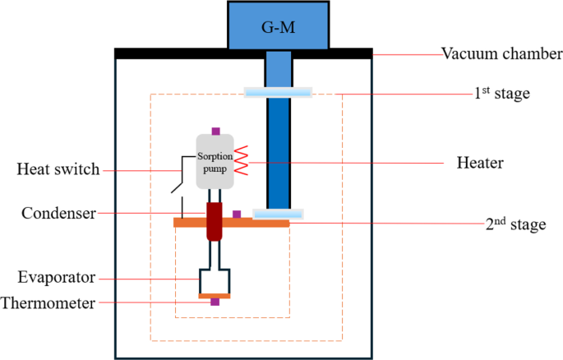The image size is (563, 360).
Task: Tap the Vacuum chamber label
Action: coord(501,55)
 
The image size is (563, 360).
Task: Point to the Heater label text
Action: coord(479,163)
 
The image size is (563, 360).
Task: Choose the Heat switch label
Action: coord(58,170)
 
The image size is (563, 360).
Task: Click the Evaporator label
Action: coord(60,277)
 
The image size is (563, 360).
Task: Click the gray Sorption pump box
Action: coord(215,161)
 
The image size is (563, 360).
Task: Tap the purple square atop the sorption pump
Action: coord(215,130)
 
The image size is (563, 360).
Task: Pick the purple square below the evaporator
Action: coord(215,302)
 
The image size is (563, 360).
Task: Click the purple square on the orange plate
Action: coord(237,215)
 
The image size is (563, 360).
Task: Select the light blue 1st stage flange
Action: coord(278,92)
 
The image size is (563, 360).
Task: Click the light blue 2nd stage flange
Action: coord(277,214)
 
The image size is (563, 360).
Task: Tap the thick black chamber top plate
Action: coord(243,53)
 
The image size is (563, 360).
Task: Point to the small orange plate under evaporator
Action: coord(215,295)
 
